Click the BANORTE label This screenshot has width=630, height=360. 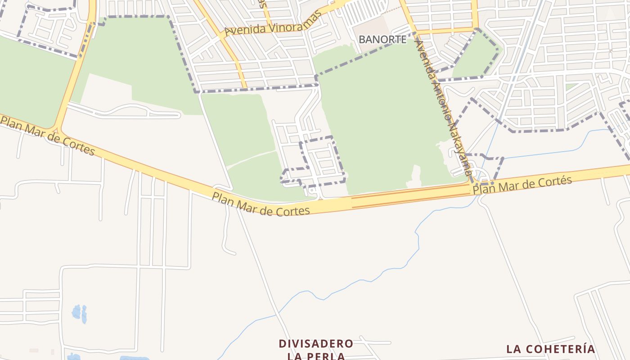[382, 40]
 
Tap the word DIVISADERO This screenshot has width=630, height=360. [316, 344]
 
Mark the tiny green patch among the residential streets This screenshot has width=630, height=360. [571, 86]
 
